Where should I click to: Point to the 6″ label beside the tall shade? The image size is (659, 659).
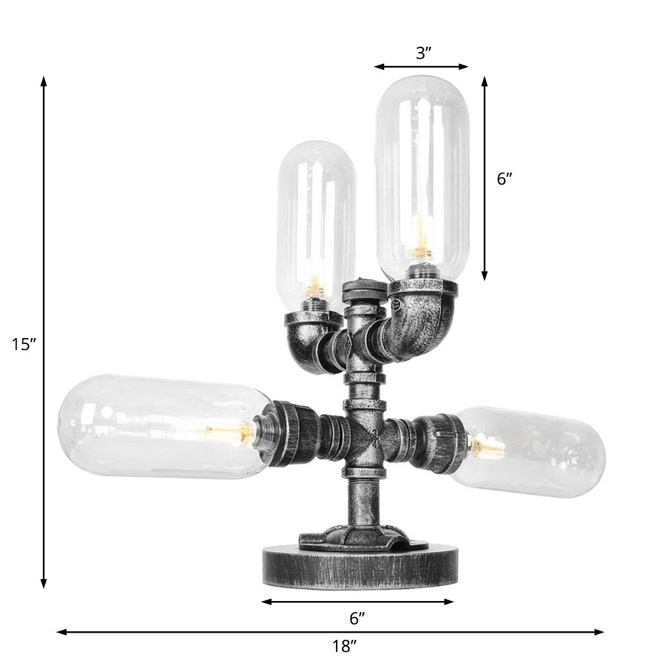point(505,178)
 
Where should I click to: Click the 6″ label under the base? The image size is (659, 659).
point(357,618)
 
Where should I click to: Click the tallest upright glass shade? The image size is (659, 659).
point(422,171)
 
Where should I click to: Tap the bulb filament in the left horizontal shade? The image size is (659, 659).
point(241,432)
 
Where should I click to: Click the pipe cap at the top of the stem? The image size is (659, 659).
point(362,290)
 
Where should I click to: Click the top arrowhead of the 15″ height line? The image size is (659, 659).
point(43,81)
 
